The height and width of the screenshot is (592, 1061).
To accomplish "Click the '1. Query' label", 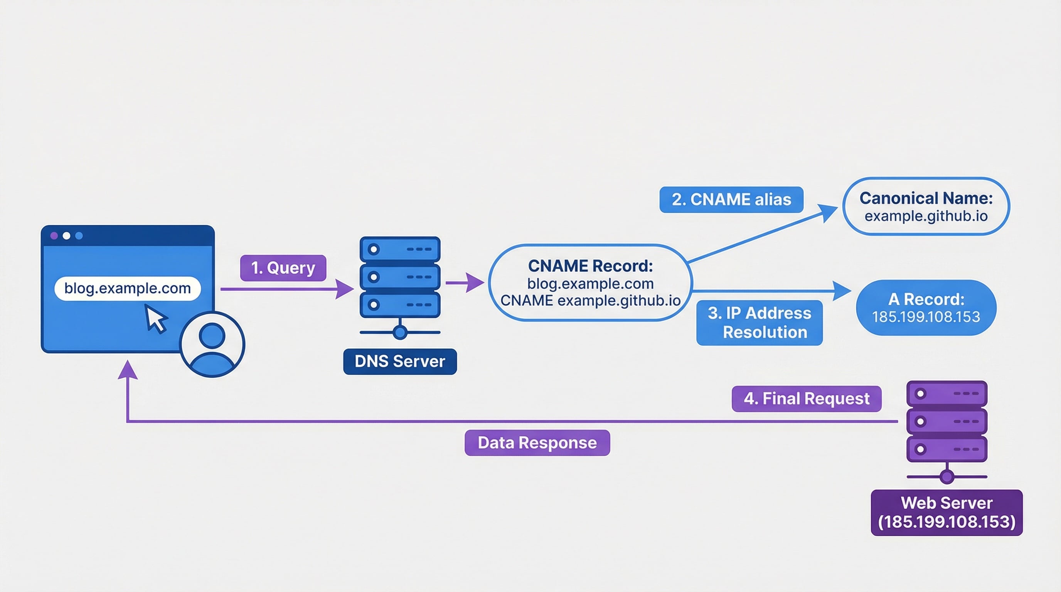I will (x=283, y=268).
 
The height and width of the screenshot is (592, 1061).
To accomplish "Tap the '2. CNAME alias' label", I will (x=731, y=200).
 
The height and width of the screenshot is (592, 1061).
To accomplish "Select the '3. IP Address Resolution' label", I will (x=759, y=322).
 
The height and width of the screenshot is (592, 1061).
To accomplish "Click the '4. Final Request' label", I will (x=806, y=399).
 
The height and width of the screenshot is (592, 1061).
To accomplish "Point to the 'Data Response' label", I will (x=537, y=442).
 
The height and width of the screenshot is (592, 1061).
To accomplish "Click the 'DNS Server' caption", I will (x=399, y=362).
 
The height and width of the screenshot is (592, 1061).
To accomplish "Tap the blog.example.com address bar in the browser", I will (x=127, y=288).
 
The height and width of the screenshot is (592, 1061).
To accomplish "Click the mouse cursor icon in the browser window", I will (x=155, y=319).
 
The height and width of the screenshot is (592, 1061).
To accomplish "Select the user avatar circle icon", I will (x=212, y=344).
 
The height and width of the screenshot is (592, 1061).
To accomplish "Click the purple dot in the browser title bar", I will (x=54, y=235).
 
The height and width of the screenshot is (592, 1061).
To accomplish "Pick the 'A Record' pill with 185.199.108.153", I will (x=926, y=308).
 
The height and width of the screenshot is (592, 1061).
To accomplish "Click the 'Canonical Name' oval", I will (x=926, y=206).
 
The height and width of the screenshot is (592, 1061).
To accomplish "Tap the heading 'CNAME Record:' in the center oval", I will (x=590, y=266).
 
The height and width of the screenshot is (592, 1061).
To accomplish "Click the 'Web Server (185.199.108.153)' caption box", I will (x=946, y=512).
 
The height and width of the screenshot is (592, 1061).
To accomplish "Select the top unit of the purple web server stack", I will (x=946, y=394).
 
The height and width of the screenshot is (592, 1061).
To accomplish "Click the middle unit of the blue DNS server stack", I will (x=399, y=277).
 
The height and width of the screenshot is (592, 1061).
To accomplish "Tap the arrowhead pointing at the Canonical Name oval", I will (x=827, y=212).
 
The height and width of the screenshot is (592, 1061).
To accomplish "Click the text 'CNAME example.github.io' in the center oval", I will (x=590, y=301).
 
